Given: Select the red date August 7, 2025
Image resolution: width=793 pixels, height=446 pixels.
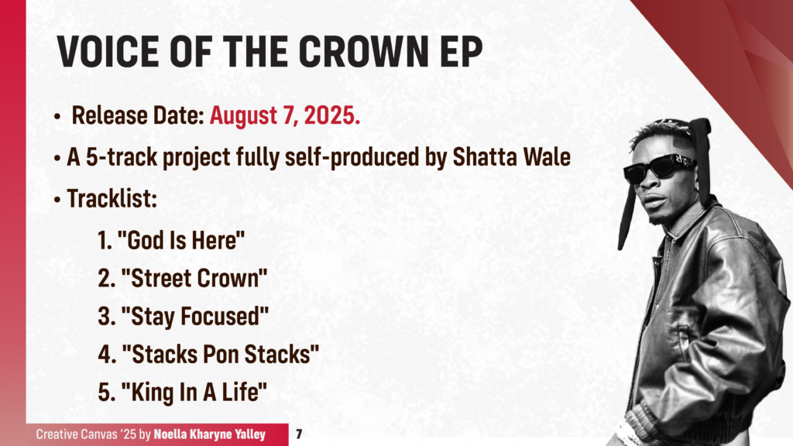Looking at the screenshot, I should [285, 117].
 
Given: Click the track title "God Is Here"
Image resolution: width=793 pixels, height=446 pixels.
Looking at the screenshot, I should [181, 240].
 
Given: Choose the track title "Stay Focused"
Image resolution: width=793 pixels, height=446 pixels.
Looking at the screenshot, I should [194, 316].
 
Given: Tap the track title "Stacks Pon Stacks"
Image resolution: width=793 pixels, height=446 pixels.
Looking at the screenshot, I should [220, 355].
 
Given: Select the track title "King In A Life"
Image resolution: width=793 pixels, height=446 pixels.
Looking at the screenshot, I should [194, 393].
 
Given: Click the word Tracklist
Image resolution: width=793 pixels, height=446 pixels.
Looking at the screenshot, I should [112, 198].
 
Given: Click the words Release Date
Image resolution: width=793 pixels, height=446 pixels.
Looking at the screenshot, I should [137, 117].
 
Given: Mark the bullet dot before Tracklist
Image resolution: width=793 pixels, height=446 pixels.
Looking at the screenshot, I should [57, 199].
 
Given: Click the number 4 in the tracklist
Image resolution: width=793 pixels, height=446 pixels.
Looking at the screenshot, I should [106, 355].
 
